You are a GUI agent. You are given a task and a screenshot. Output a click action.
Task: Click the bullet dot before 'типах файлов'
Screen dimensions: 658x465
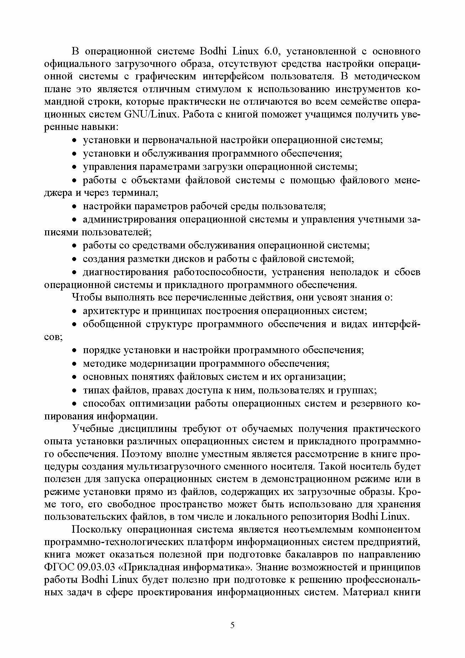[x=75, y=391]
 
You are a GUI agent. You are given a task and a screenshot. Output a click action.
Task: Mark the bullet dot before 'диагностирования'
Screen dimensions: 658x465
[x=75, y=272]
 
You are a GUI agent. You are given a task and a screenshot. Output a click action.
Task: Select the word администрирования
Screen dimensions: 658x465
[x=130, y=219]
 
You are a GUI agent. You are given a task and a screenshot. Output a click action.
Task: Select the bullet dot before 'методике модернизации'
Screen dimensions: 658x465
[x=75, y=364]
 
